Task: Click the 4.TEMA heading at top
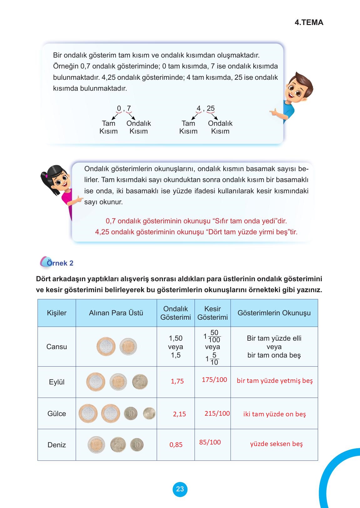[309, 23]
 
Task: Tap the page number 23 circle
[180, 489]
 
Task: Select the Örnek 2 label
[60, 263]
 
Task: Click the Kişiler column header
[57, 313]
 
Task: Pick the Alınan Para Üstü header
[116, 313]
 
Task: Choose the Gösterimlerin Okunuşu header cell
[274, 313]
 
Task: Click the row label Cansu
[57, 347]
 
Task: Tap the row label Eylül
[57, 382]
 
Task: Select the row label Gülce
[57, 414]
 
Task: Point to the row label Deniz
[57, 445]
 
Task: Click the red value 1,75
[177, 381]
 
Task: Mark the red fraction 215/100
[217, 414]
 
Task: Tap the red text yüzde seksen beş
[276, 444]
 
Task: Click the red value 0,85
[176, 445]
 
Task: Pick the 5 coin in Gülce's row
[149, 414]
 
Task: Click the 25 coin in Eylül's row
[140, 382]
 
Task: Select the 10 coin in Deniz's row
[137, 445]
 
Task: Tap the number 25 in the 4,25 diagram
[210, 109]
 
